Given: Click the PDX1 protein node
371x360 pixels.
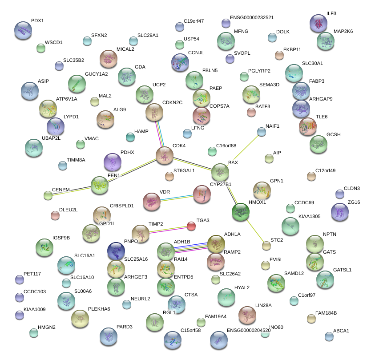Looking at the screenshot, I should click(23, 30).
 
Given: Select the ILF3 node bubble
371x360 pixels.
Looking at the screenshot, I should click(319, 23).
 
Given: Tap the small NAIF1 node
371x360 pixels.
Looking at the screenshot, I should click(262, 131).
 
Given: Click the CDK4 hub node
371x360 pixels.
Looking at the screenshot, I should click(165, 155).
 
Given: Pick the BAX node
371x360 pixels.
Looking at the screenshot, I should click(220, 172).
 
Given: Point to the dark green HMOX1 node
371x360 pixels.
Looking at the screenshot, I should click(241, 212).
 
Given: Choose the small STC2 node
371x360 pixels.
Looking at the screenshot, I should click(266, 245).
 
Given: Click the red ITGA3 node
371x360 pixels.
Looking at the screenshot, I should click(191, 226).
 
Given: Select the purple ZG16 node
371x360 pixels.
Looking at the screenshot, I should click(340, 212).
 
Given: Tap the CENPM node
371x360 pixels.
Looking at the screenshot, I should click(48, 195).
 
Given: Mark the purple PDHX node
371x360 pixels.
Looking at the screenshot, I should click(112, 162).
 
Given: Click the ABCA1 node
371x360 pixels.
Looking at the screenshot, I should click(329, 336).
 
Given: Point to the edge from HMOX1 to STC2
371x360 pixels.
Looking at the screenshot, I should click(254, 229).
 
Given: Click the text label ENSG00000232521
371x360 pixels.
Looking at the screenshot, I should click(252, 18).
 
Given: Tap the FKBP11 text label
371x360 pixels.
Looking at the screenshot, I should click(292, 49).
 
